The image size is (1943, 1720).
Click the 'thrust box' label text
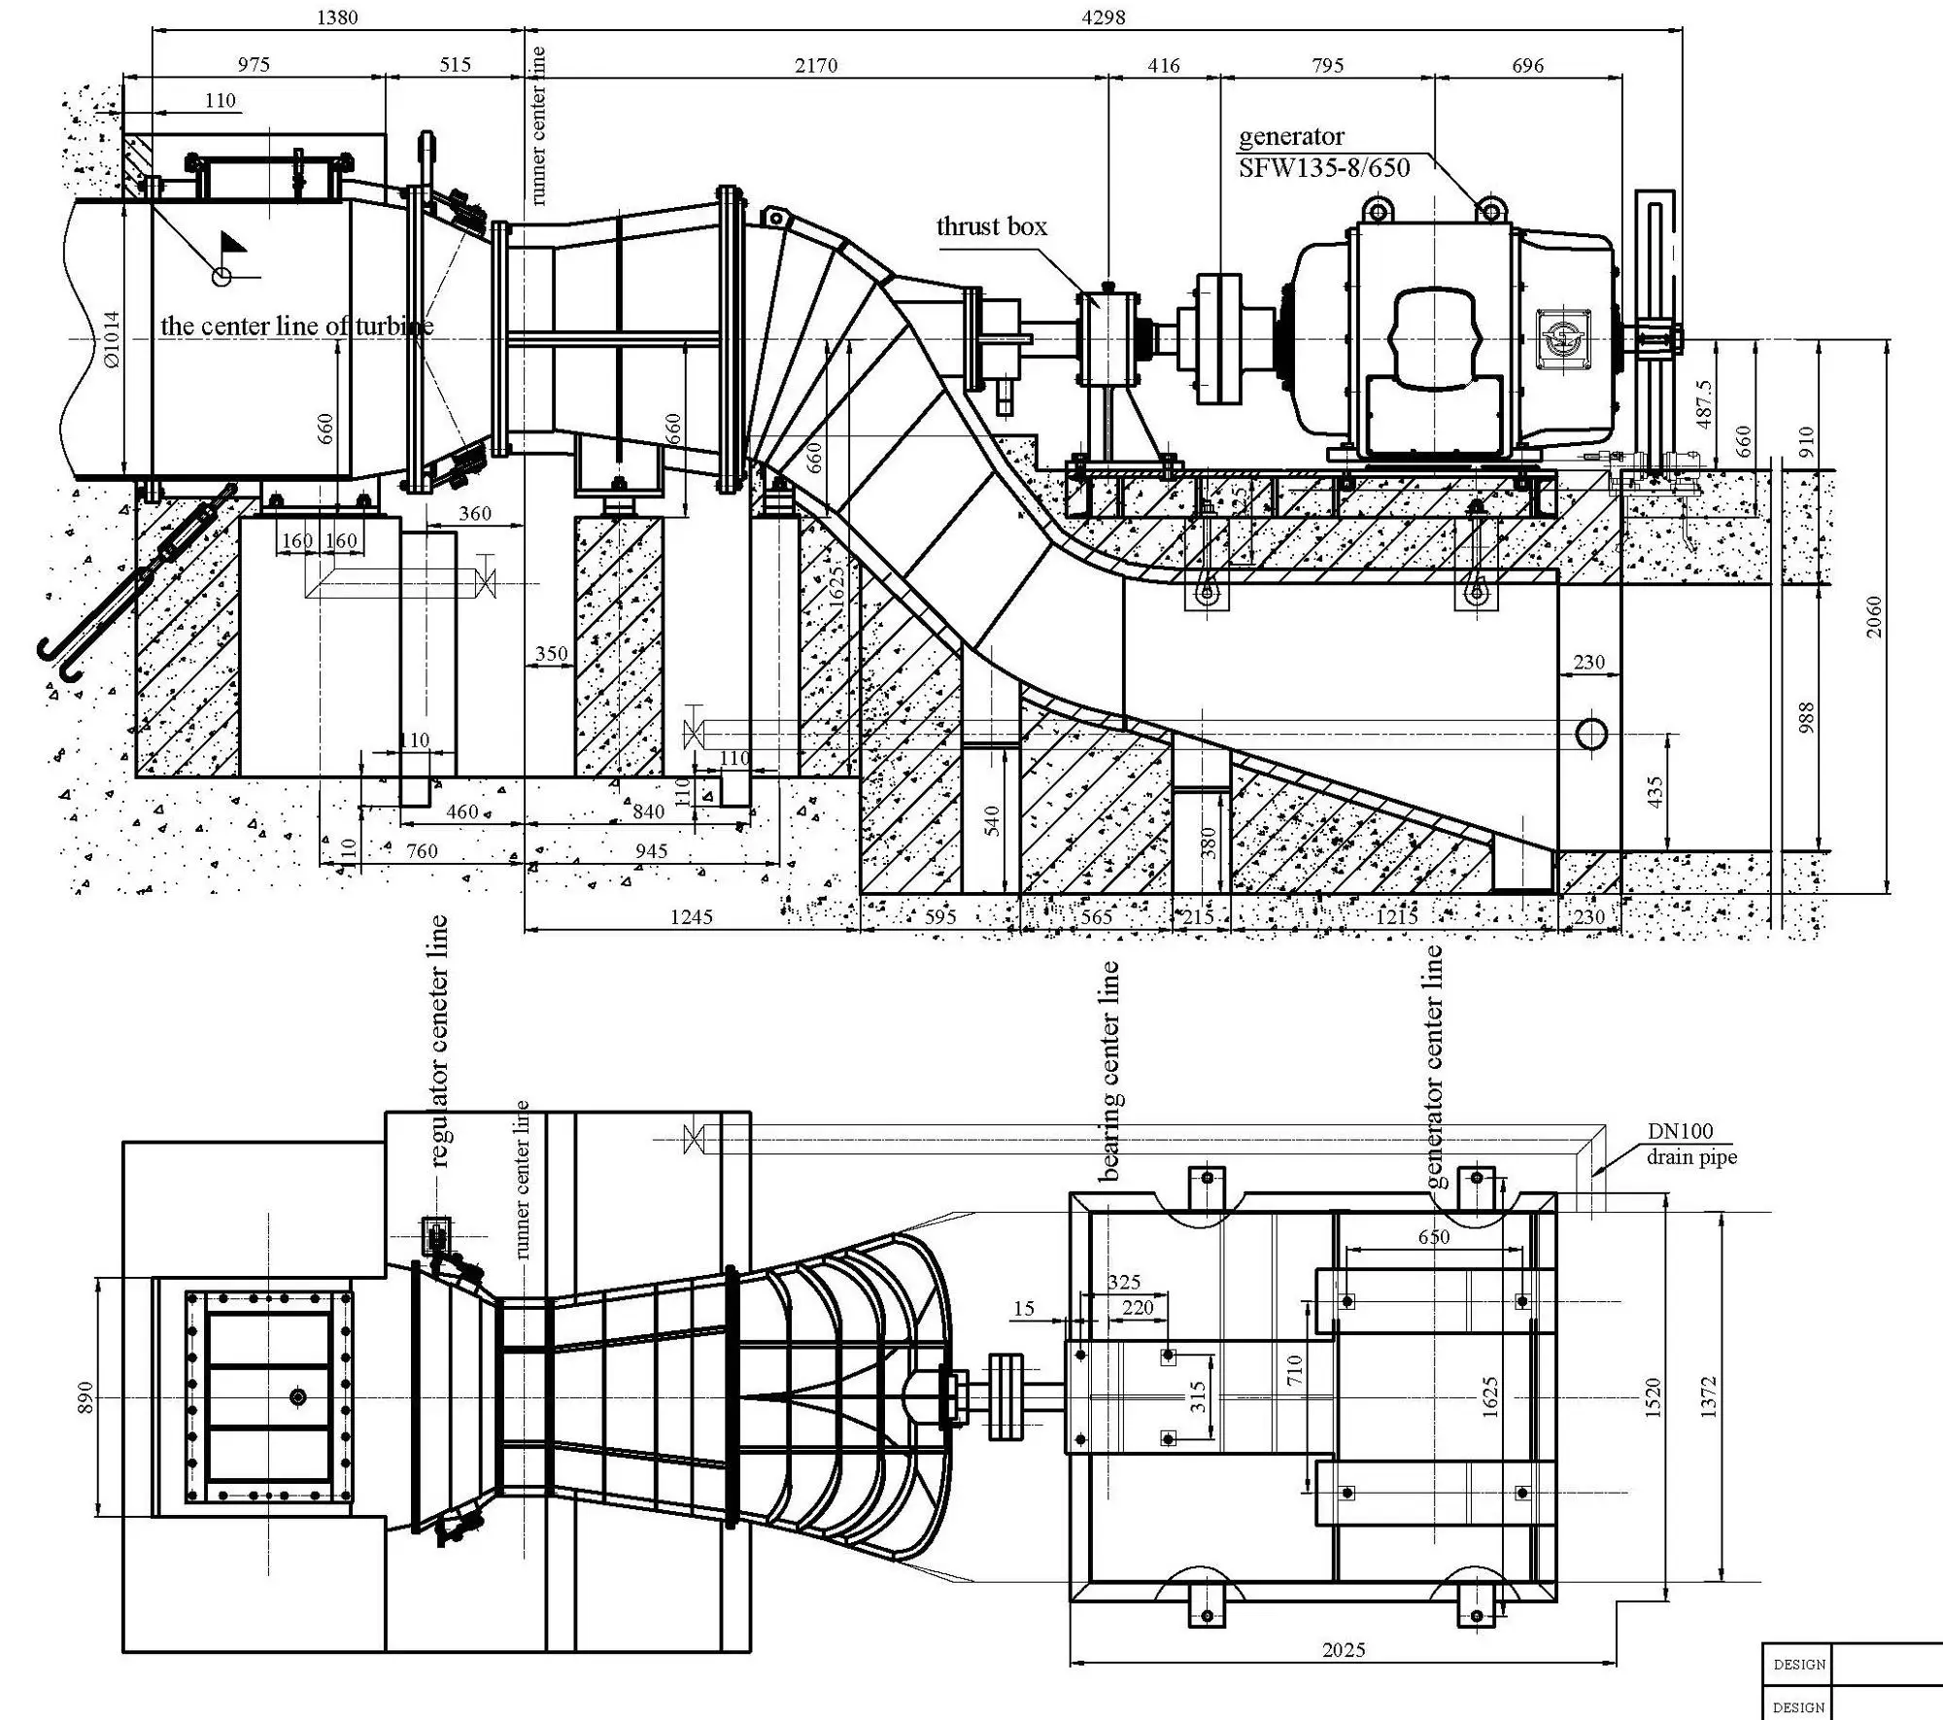point(991,227)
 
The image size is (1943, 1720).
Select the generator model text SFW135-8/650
point(1323,168)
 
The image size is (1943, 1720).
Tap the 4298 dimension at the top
point(1103,16)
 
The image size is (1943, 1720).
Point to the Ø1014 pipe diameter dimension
point(112,339)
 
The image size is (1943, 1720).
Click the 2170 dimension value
point(815,65)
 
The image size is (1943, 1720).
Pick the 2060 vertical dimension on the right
point(1874,617)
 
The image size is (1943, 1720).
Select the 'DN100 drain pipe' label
point(1690,1144)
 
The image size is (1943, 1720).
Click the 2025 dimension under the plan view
point(1344,1650)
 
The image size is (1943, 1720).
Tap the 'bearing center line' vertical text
point(1109,1071)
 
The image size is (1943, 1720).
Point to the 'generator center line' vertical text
point(1435,1067)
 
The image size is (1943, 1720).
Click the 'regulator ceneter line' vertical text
point(438,1040)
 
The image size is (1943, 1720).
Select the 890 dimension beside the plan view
point(85,1396)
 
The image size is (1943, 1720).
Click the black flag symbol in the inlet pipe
point(232,242)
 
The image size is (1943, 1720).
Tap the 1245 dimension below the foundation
point(691,916)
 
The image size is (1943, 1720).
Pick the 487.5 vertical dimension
point(1704,403)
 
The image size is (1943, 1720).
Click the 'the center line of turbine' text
point(296,327)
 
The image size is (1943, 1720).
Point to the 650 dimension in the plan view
point(1433,1237)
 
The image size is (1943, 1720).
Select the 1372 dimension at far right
point(1710,1396)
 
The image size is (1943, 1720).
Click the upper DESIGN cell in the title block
point(1798,1665)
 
